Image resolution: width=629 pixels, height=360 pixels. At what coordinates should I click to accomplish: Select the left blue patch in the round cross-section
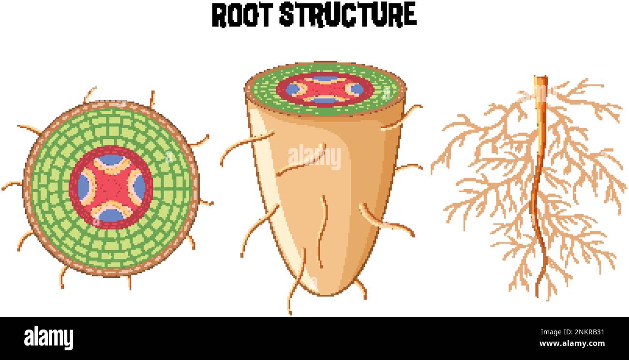tap(83, 187)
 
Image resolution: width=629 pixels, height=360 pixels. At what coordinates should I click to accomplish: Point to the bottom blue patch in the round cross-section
tap(112, 215)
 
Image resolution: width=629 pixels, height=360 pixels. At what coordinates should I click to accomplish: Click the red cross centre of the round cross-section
tap(111, 187)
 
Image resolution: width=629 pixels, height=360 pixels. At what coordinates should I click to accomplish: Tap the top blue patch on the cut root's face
tap(325, 79)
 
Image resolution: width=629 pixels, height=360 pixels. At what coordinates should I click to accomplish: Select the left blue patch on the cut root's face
tap(293, 90)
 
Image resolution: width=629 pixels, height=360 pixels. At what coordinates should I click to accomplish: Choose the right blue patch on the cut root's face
tap(358, 90)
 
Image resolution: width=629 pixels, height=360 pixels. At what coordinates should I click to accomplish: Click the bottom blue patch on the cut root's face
tap(325, 100)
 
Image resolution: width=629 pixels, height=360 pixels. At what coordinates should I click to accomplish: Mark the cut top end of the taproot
tap(540, 77)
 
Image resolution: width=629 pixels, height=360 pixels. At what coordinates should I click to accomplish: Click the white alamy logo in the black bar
tap(48, 338)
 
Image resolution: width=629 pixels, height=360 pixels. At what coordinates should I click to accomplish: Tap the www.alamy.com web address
tap(572, 344)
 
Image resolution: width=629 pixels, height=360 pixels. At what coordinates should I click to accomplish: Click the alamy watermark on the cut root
tap(314, 158)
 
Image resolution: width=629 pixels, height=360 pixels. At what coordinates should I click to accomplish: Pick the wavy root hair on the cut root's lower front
tap(322, 232)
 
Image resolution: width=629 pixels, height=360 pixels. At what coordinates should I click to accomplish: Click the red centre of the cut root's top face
tap(325, 90)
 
